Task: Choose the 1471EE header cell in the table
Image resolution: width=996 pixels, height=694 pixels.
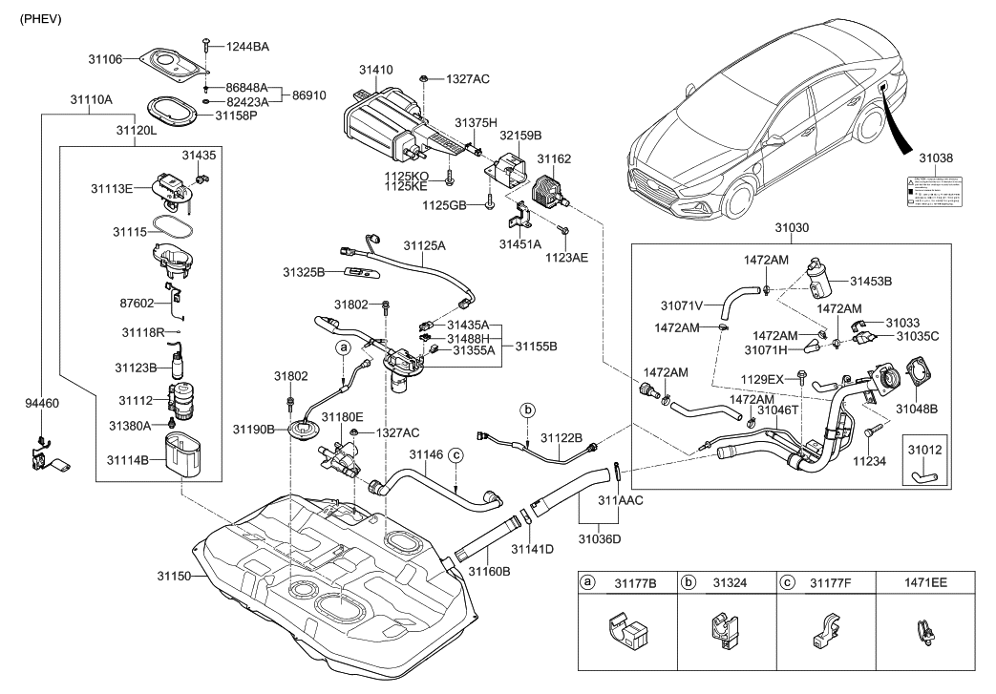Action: coord(925,580)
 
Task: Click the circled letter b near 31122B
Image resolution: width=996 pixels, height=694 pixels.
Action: coord(526,410)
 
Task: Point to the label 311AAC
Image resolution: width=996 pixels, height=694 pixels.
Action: coord(620,499)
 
